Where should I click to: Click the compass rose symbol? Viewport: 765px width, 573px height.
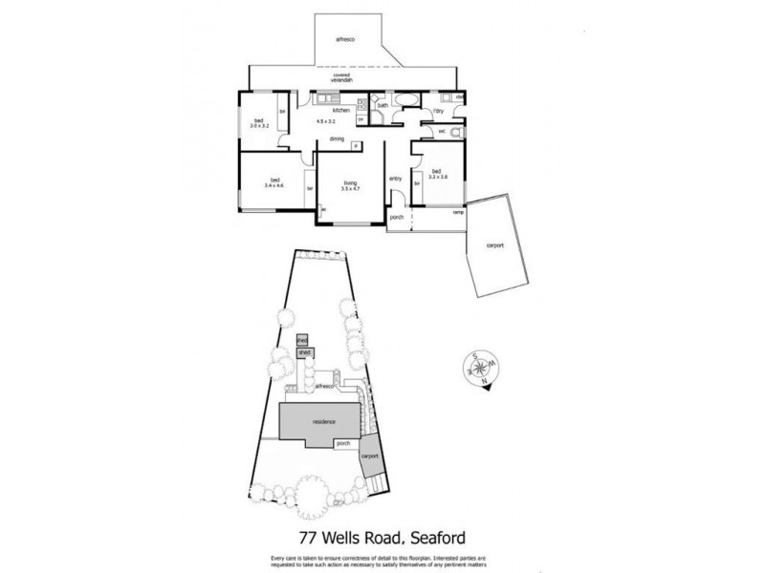(476, 367)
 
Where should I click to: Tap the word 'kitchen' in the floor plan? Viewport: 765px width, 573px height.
(340, 112)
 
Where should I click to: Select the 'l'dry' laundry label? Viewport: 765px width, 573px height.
(438, 113)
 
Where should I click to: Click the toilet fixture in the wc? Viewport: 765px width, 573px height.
(458, 132)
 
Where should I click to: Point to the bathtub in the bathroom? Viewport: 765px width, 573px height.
(403, 100)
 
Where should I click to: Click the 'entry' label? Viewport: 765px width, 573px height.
(395, 179)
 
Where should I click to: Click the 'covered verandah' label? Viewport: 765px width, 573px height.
(341, 78)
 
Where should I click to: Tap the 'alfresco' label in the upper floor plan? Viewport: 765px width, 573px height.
(345, 39)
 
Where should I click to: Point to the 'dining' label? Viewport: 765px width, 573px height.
(337, 139)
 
